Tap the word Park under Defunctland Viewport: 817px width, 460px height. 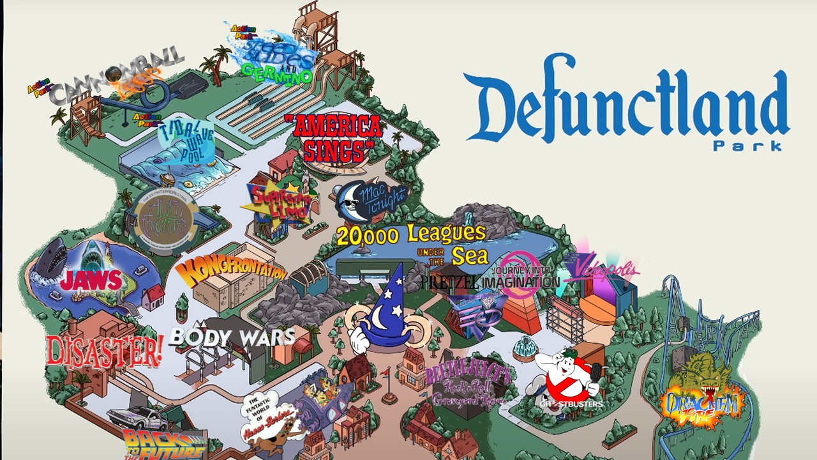tap(747, 146)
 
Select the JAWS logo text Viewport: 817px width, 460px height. tap(91, 280)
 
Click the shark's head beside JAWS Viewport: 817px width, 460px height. tap(51, 256)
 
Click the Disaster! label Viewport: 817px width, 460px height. tap(104, 350)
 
